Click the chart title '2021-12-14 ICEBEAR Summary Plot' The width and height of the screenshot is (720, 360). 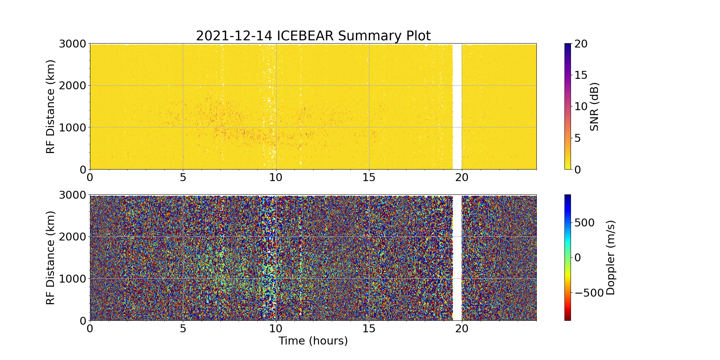coord(313,36)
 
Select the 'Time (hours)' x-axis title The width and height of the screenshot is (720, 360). coord(313,341)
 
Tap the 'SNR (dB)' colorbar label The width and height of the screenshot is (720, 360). coord(594,107)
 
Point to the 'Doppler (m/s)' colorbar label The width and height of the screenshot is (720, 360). coord(611,258)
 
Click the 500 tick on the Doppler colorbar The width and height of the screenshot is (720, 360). coord(584,223)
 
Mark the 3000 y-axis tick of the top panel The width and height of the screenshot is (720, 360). coord(72,44)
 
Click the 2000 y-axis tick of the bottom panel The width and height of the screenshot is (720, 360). coord(72,237)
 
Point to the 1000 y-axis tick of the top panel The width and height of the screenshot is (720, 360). coord(72,127)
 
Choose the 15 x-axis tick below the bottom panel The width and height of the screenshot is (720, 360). coord(369,328)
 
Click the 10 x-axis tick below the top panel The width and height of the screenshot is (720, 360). coord(276,177)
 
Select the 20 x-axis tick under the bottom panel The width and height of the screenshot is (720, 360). coord(462,328)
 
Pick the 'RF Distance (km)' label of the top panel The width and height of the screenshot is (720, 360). coord(51,107)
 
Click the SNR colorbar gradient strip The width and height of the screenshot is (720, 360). coord(567,107)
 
